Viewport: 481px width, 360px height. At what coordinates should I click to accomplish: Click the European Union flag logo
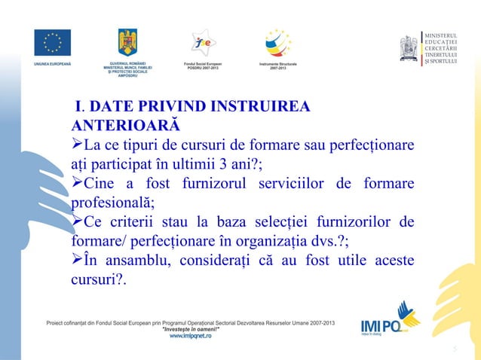click(52, 42)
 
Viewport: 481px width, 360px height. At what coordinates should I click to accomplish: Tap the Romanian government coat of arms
click(127, 42)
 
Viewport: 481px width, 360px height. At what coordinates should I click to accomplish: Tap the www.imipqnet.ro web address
click(190, 336)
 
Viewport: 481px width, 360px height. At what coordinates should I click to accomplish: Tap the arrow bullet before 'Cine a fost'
click(77, 185)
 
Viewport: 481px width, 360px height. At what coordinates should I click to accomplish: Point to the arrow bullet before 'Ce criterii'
click(77, 224)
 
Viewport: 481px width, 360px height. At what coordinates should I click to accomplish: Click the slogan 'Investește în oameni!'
click(190, 329)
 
